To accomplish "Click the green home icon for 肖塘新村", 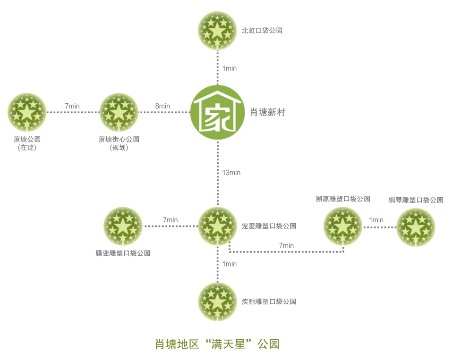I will point(217,112).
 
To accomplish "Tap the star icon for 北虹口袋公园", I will point(217,30).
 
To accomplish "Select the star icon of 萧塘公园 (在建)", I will point(27,112).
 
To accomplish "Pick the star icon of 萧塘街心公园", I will point(119,112).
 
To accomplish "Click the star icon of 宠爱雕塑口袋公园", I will point(217,226).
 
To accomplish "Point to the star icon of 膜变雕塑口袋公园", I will point(123,226).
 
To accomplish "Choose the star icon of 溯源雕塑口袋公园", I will point(343,226).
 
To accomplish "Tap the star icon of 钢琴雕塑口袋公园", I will point(416,227).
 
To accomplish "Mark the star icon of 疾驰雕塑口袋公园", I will point(217,301).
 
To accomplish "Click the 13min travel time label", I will point(231,173).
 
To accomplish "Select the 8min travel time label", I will point(162,106).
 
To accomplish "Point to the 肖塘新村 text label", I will point(267,112).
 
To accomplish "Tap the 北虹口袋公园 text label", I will point(262,30).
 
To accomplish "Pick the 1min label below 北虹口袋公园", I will point(230,68).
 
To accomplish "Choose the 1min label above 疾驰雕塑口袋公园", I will point(230,264).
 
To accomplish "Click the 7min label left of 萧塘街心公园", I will point(72,106).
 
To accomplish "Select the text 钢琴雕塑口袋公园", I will point(416,200).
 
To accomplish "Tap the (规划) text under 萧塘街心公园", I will point(119,148).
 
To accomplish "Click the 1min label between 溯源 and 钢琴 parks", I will point(376,220).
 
